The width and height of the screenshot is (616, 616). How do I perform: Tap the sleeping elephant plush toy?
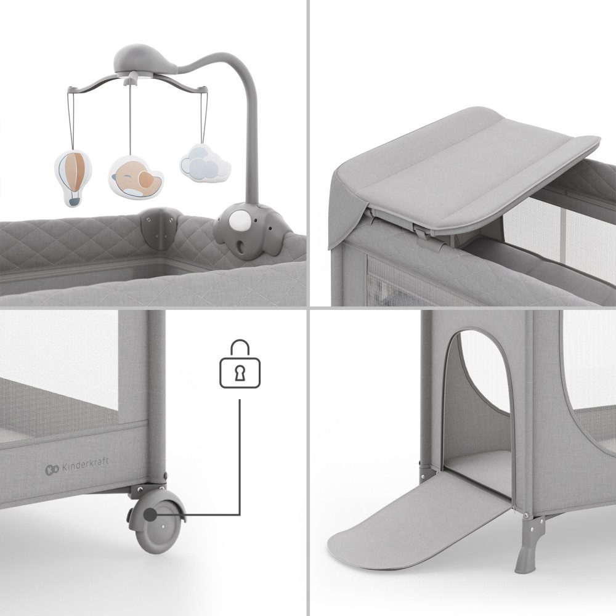136,177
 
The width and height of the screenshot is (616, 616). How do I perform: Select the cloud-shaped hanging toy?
205,163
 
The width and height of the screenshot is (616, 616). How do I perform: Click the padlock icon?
240,364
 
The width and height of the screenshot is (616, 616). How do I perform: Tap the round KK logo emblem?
52,469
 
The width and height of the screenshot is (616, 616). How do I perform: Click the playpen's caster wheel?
157,521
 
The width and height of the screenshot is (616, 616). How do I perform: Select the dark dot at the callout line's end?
150,514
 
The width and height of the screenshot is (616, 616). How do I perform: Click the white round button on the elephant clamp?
240,220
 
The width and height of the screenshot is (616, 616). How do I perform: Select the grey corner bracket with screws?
160,227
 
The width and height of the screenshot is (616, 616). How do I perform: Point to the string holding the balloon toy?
71,120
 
